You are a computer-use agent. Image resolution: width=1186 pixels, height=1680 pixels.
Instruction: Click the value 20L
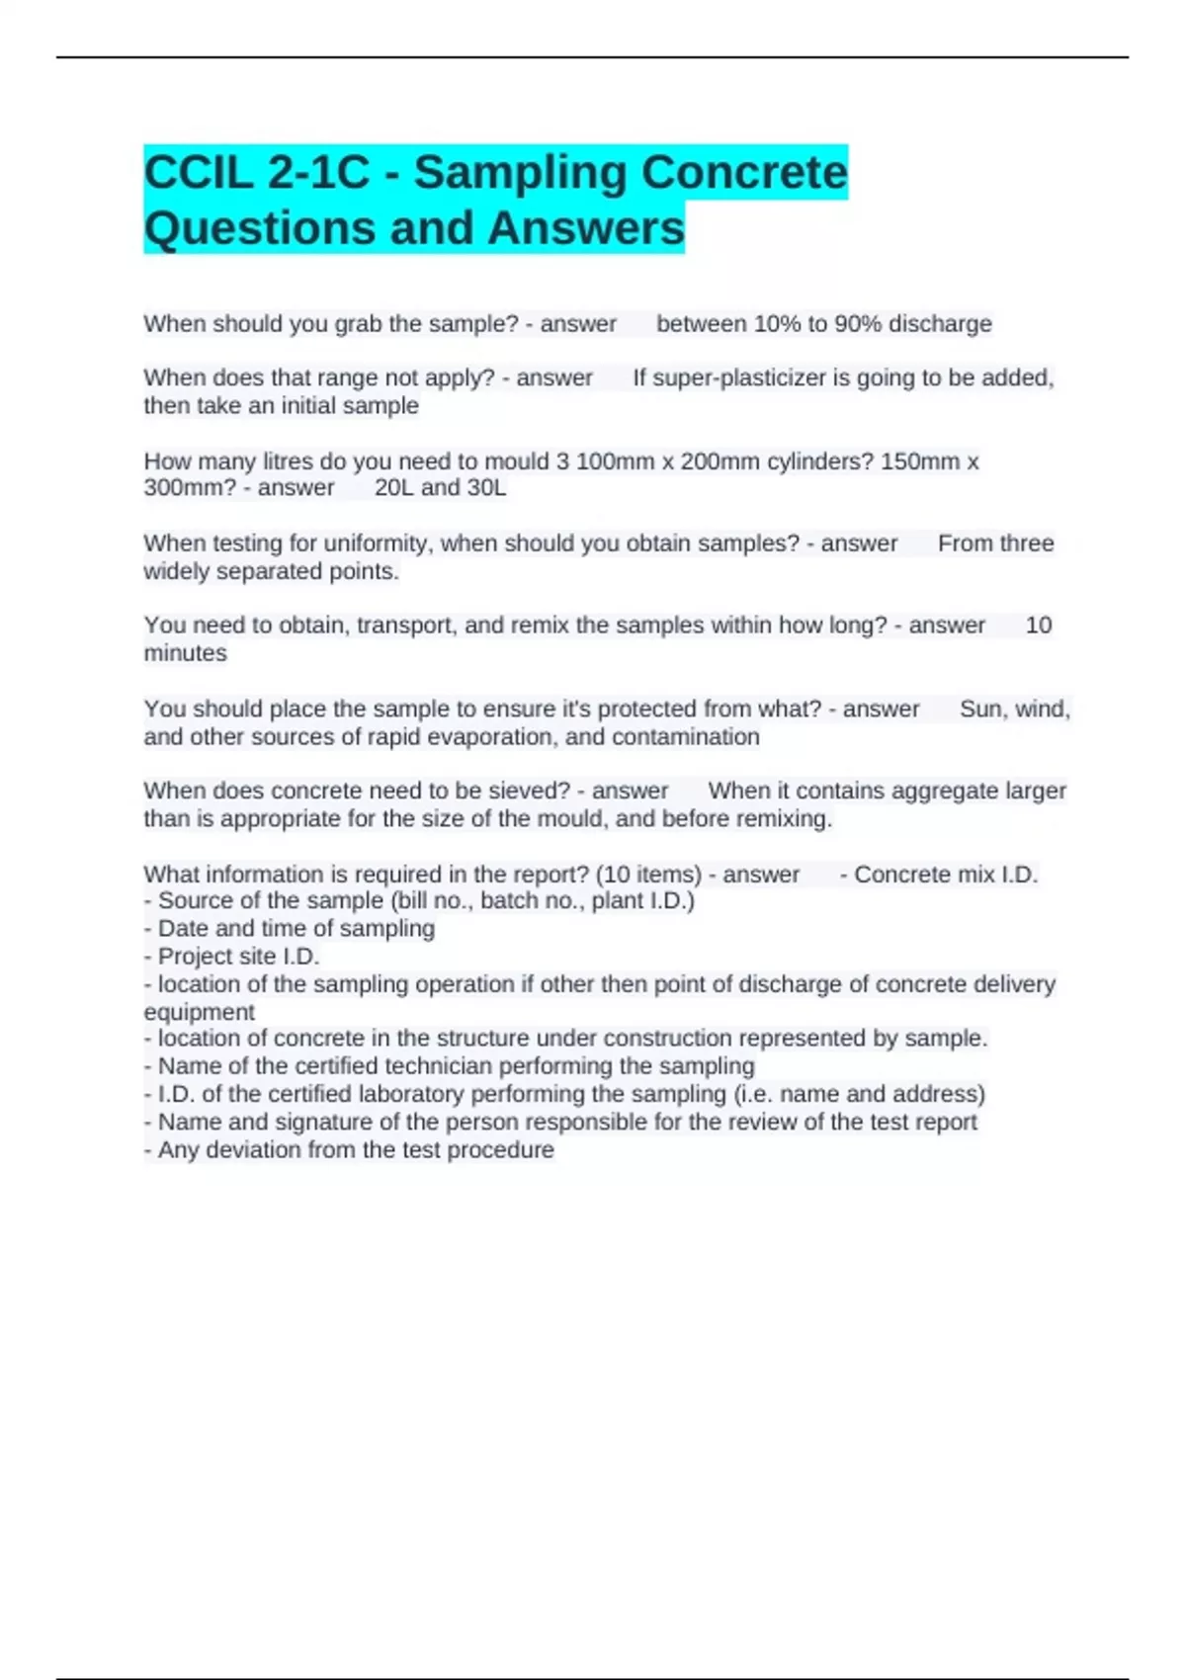tap(394, 488)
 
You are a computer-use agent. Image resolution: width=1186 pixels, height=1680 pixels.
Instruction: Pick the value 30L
tap(485, 488)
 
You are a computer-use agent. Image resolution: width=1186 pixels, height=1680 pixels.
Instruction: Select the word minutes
tap(185, 653)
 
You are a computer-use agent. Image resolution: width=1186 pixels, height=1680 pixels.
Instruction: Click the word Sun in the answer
tap(979, 710)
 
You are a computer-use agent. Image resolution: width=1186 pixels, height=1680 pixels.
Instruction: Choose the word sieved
tap(529, 792)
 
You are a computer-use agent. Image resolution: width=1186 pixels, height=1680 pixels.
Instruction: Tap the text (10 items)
tap(648, 875)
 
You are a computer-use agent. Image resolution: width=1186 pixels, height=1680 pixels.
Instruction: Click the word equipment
tap(199, 1012)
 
